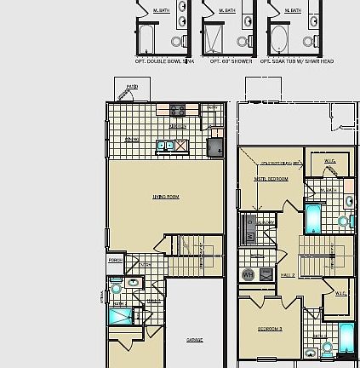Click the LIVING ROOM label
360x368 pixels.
[166, 197]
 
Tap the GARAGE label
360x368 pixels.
[195, 339]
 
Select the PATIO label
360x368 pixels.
[132, 87]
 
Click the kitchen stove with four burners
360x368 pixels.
[178, 110]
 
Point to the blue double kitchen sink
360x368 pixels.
[166, 146]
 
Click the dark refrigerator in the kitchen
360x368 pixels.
[216, 147]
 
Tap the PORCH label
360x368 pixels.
[116, 260]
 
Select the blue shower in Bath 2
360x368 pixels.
[121, 315]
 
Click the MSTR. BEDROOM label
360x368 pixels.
[271, 179]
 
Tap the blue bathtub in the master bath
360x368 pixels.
[313, 218]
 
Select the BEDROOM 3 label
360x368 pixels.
[271, 328]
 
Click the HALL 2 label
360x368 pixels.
[288, 275]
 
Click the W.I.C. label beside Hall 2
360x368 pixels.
[339, 293]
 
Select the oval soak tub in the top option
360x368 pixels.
[280, 39]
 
